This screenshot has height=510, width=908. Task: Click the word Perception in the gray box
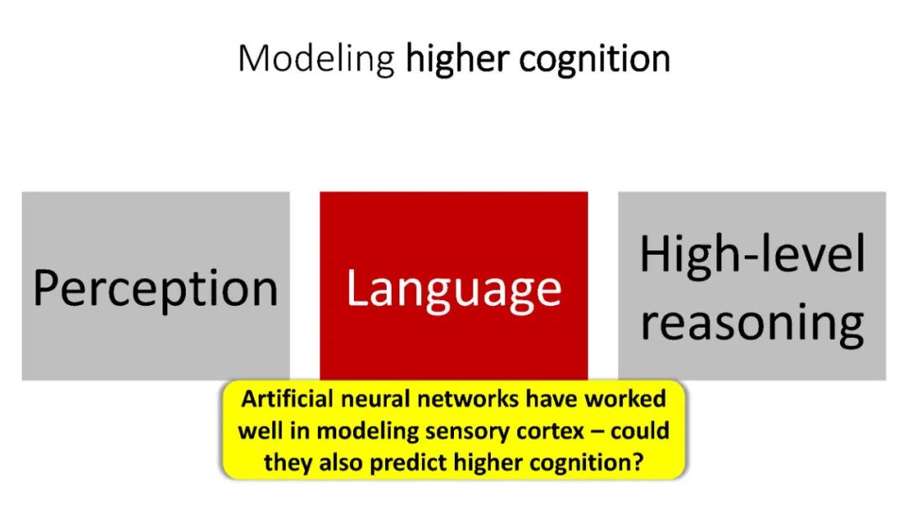[156, 288]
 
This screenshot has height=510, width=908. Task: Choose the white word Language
[453, 288]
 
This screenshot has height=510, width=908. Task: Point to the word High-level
[752, 254]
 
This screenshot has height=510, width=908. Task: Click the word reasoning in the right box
[752, 323]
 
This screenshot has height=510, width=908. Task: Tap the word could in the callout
[641, 430]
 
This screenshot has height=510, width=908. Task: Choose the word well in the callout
[256, 430]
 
